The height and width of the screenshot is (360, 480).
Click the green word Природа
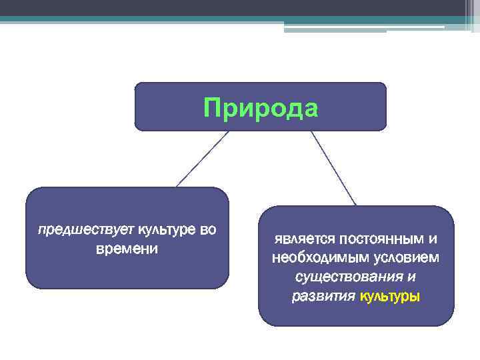pyautogui.click(x=261, y=107)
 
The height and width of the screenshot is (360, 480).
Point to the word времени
pyautogui.click(x=127, y=249)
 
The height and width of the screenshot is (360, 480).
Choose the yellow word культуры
pyautogui.click(x=390, y=296)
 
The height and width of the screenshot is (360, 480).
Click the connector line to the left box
pyautogui.click(x=201, y=159)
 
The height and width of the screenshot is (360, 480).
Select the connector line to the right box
pyautogui.click(x=333, y=167)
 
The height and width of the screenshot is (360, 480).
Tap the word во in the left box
pyautogui.click(x=208, y=231)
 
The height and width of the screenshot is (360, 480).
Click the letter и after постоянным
pyautogui.click(x=433, y=239)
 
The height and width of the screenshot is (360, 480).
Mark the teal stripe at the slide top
pyautogui.click(x=200, y=20)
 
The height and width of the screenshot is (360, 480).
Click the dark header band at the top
pyautogui.click(x=200, y=8)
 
